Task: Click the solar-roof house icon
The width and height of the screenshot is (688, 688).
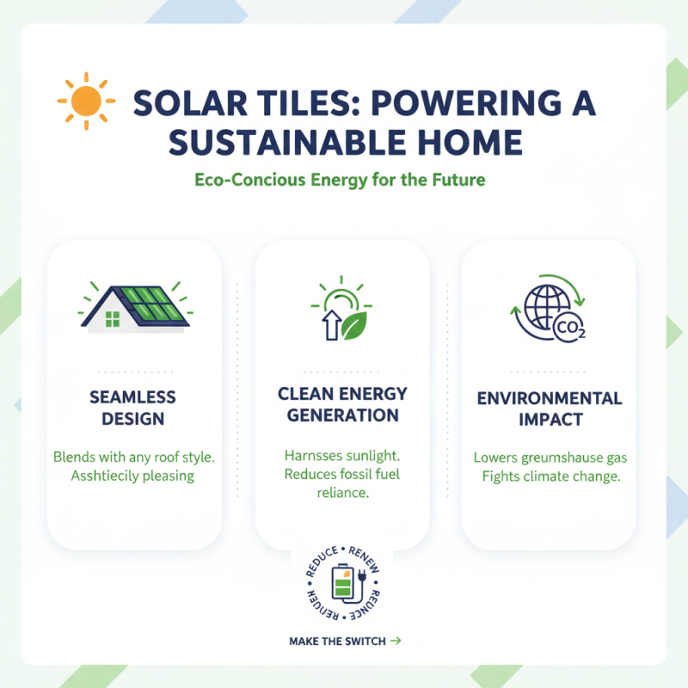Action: click(x=134, y=304)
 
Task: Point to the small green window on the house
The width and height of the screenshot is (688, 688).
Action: click(x=112, y=320)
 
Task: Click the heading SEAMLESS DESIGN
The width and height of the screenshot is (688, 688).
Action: click(x=132, y=408)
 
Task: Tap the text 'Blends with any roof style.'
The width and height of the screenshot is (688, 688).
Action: click(x=133, y=456)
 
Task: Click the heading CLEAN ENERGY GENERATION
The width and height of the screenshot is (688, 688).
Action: click(x=342, y=404)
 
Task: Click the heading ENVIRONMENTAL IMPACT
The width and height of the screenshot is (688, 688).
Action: click(x=549, y=409)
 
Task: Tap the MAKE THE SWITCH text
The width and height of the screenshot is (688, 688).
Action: click(x=337, y=641)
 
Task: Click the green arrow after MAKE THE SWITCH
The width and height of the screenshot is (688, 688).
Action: click(x=396, y=641)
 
